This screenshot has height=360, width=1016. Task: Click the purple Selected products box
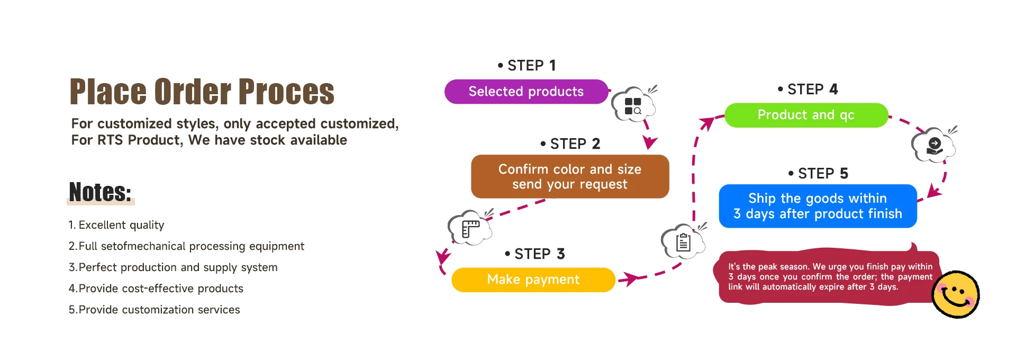[526, 92]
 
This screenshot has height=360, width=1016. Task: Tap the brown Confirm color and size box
[569, 176]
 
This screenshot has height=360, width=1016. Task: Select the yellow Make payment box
[533, 280]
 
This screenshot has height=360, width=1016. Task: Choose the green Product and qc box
[805, 115]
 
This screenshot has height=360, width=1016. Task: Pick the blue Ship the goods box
[817, 206]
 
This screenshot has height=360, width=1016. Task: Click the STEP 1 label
[527, 66]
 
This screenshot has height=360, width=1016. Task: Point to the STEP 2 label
[570, 144]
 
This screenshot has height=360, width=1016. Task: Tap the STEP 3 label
[535, 254]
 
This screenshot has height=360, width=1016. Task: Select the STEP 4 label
[808, 89]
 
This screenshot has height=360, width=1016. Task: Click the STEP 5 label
[819, 174]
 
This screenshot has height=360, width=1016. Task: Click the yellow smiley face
[955, 294]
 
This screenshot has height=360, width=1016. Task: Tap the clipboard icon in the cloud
[683, 242]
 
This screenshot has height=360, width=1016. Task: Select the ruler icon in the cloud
[470, 229]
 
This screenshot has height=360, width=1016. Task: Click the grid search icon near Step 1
[633, 105]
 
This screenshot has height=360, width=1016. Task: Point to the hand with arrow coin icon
[934, 146]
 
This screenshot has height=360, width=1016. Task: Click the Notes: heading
[100, 192]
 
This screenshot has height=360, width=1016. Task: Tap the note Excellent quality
[116, 225]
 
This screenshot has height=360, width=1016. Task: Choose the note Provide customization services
[155, 310]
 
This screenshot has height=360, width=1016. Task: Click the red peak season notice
[825, 277]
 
